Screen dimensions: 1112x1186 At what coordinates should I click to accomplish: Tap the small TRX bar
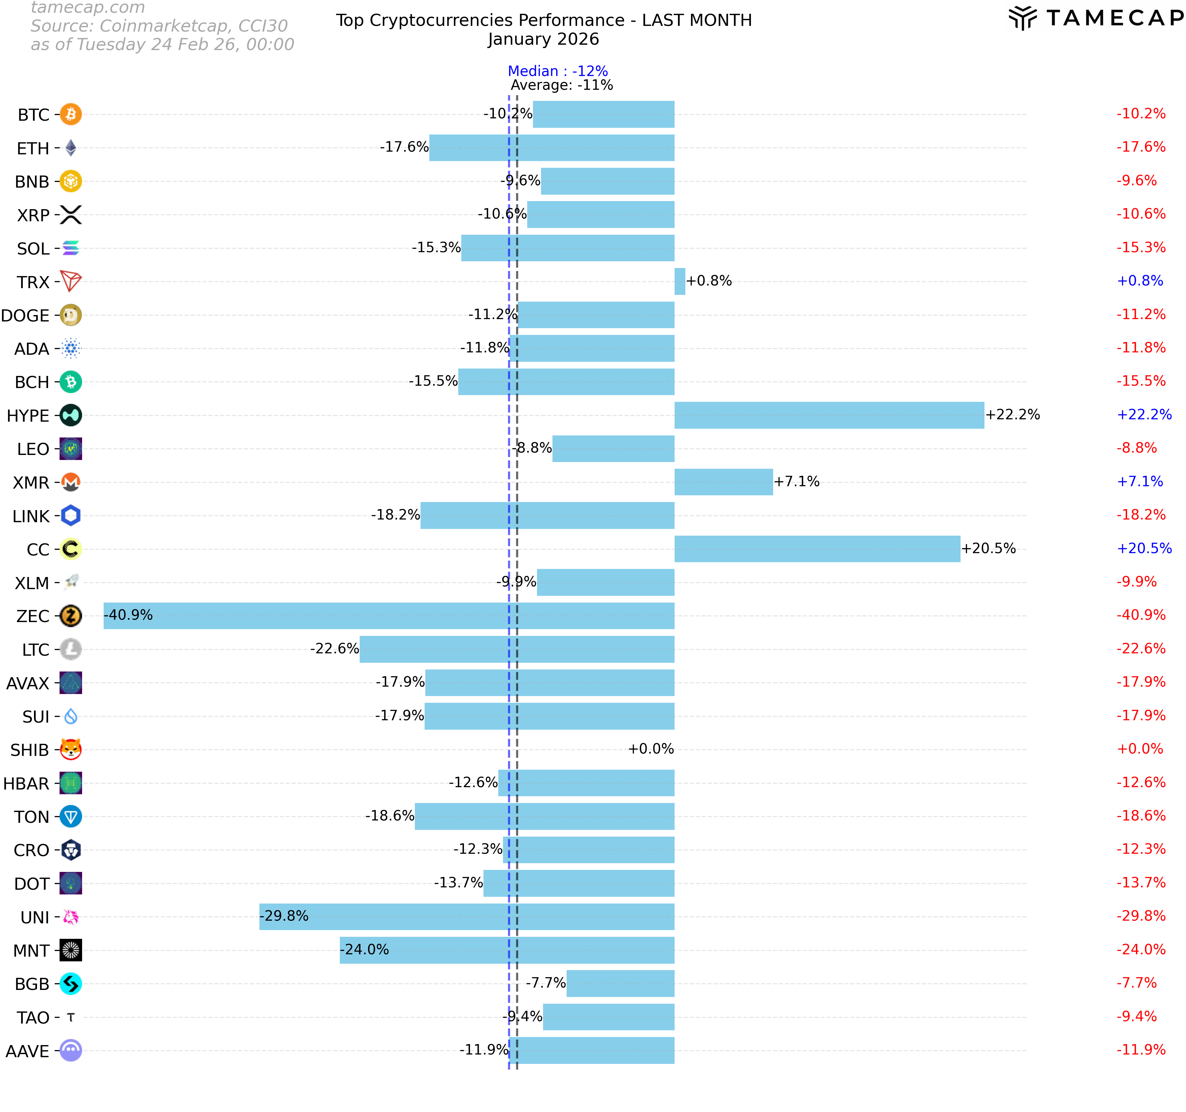coord(680,281)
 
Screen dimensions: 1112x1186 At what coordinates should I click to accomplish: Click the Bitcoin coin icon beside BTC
coord(71,114)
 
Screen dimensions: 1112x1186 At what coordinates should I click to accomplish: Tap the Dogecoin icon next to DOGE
coord(71,315)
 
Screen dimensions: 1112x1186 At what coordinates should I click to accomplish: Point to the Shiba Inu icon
coord(71,750)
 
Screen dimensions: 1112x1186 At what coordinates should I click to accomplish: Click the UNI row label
coord(35,917)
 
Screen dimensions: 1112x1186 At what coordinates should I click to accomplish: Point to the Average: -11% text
coord(562,85)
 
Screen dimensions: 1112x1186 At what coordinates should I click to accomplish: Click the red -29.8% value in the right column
coord(1141,916)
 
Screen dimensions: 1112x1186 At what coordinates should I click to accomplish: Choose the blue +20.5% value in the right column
coord(1144,548)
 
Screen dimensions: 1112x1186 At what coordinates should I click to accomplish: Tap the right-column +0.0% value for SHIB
coord(1140,749)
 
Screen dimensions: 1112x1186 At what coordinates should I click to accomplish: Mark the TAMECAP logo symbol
coord(1022,18)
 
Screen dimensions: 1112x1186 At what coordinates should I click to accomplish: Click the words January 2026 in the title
coord(543,39)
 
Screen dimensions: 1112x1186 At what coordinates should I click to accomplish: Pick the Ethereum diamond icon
coord(71,148)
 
